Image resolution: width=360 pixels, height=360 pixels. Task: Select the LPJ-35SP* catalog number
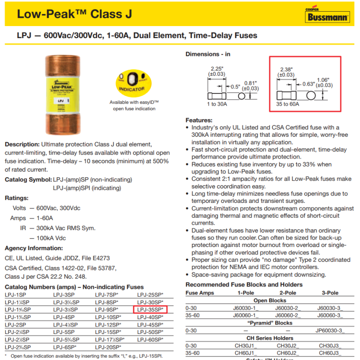(150, 309)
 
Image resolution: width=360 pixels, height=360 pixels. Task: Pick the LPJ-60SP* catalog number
(150, 340)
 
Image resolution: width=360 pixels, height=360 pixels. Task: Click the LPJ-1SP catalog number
(15, 294)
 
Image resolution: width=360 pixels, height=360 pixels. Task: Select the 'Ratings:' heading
(17, 198)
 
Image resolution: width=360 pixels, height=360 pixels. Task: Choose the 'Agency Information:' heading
(34, 248)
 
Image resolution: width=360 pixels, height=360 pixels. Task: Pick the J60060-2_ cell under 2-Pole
(288, 315)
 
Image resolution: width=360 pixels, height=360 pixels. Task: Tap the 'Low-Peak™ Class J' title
(75, 14)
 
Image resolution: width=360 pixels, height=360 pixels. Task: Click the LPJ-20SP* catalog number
(108, 347)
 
